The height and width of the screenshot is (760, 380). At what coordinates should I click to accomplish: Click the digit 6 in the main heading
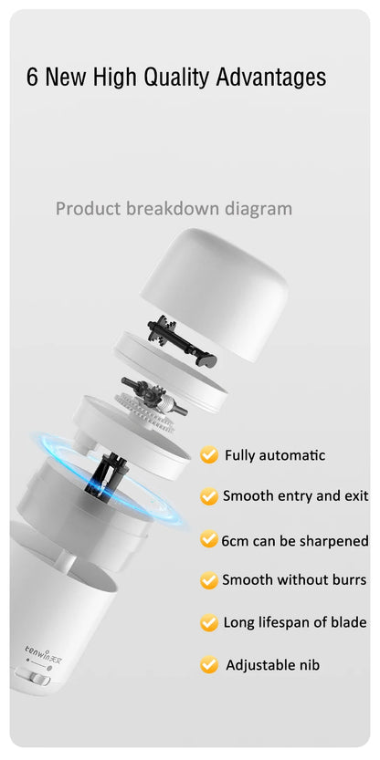pyautogui.click(x=32, y=78)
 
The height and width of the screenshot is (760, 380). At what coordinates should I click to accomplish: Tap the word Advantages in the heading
pyautogui.click(x=271, y=78)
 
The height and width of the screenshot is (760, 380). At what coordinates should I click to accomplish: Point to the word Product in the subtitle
pyautogui.click(x=89, y=209)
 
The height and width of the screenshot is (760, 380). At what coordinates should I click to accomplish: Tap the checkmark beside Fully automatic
pyautogui.click(x=208, y=454)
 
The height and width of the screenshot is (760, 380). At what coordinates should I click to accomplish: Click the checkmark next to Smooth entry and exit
pyautogui.click(x=208, y=496)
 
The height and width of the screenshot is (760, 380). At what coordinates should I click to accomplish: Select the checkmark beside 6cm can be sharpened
pyautogui.click(x=208, y=539)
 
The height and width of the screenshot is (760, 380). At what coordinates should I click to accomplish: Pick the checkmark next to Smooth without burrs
pyautogui.click(x=208, y=579)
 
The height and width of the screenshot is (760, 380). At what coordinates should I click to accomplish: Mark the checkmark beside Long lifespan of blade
pyautogui.click(x=208, y=622)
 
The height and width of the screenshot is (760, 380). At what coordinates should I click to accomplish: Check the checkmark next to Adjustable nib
pyautogui.click(x=208, y=664)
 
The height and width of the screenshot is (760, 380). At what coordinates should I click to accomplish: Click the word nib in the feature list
pyautogui.click(x=310, y=665)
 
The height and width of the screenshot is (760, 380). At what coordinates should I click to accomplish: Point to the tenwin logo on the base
pyautogui.click(x=42, y=649)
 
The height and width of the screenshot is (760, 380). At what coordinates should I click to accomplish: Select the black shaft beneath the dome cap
pyautogui.click(x=182, y=341)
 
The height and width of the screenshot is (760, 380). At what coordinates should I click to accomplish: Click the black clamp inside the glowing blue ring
pyautogui.click(x=105, y=475)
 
